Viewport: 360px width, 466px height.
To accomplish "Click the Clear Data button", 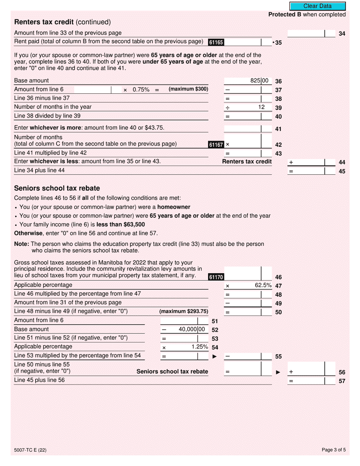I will click(x=318, y=6).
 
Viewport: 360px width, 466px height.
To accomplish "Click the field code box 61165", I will click(x=216, y=42).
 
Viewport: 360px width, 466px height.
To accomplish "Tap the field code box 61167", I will click(x=216, y=145).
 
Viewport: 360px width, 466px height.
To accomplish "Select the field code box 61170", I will click(x=216, y=277).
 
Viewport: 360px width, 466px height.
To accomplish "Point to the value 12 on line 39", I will click(x=261, y=107).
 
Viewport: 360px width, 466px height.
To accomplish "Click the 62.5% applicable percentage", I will click(x=263, y=285).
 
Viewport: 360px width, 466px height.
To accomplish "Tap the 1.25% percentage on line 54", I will click(x=200, y=347).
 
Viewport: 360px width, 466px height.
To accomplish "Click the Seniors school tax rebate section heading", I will click(x=57, y=188).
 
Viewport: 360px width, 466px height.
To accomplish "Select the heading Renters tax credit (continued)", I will click(x=63, y=22).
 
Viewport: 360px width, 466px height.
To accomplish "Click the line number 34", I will click(x=342, y=34).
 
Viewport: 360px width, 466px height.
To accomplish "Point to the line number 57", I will click(x=342, y=381).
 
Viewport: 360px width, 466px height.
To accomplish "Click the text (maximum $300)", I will click(x=188, y=89).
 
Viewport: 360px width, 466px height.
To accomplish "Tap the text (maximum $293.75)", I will click(x=184, y=311).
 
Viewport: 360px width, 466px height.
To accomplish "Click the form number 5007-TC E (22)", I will click(x=30, y=450).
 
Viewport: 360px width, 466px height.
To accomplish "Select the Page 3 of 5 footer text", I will click(x=333, y=450).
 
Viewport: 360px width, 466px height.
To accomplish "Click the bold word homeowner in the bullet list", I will click(x=174, y=207).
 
